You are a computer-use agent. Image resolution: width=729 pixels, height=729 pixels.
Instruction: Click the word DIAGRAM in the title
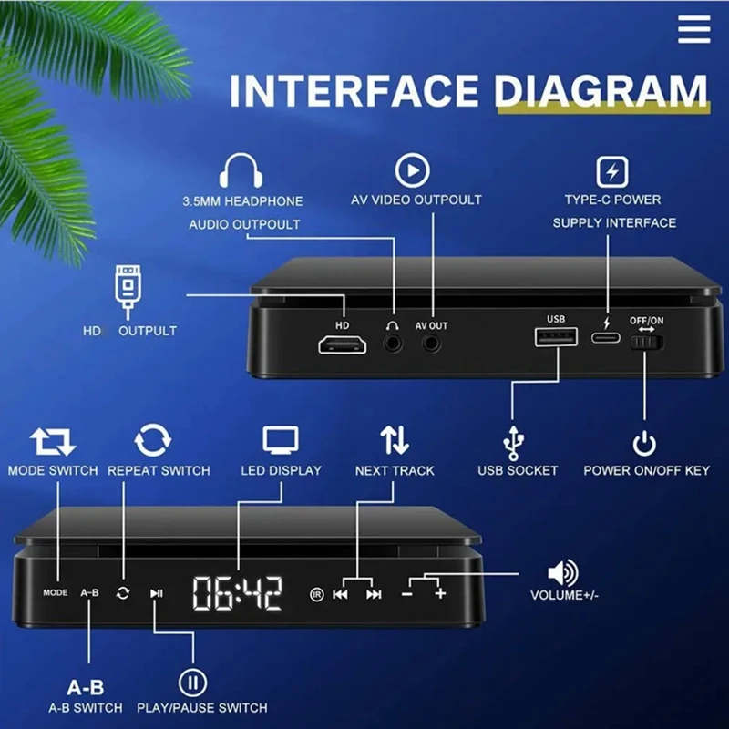pos(601,92)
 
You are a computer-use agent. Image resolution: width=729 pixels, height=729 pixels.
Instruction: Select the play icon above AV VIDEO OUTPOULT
pos(412,170)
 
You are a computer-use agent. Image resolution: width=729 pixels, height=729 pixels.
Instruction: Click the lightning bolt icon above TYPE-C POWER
pos(612,171)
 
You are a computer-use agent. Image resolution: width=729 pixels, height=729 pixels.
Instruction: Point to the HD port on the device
pos(342,344)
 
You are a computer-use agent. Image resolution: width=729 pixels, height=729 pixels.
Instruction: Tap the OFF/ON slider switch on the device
pos(647,344)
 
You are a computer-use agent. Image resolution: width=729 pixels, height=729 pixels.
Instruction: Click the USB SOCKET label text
pos(518,470)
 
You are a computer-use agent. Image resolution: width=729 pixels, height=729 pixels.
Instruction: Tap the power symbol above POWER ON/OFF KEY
pos(644,444)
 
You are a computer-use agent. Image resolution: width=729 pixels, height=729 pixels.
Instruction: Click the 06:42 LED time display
pos(237,593)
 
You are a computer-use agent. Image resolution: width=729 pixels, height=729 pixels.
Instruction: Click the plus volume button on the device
pos(441,594)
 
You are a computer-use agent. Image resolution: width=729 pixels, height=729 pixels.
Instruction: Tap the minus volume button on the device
pos(407,594)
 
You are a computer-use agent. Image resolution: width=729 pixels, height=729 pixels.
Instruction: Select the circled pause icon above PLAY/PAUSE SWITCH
pos(193,682)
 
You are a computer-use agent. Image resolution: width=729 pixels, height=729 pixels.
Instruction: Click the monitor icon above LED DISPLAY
pos(281,441)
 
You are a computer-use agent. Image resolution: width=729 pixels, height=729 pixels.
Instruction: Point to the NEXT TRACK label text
pos(395,470)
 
